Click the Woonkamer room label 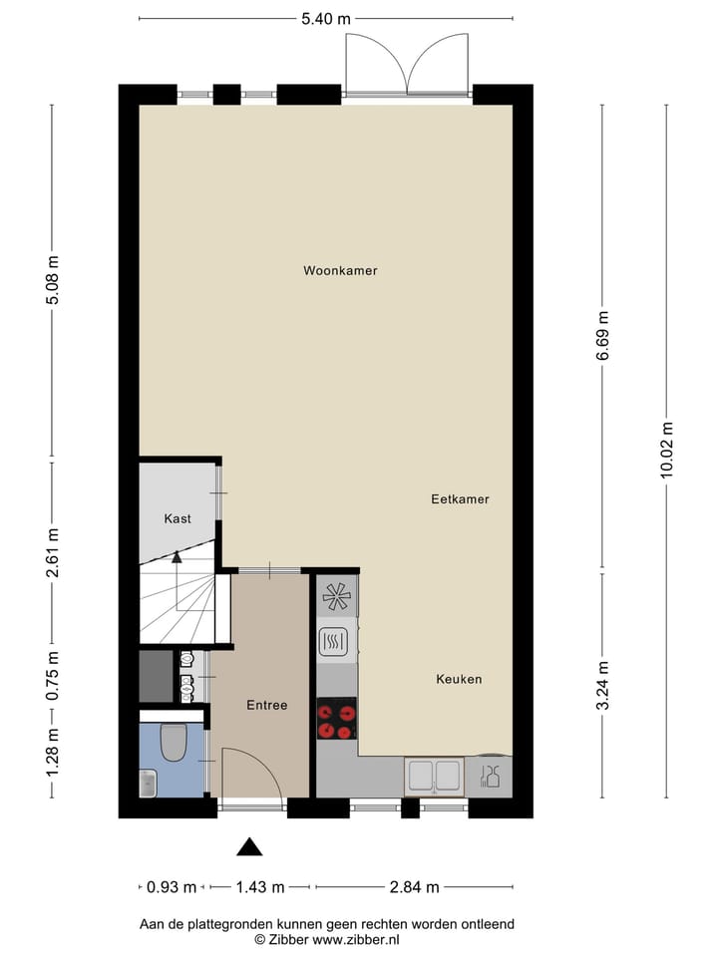coord(340,270)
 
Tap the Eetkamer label coord(460,499)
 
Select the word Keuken coord(459,679)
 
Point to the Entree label coord(266,705)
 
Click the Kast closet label coord(178,518)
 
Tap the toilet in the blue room coord(173,741)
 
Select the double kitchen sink coord(434,776)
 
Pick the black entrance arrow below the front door coord(249,847)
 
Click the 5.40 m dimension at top coord(326,18)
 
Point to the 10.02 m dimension coord(667,450)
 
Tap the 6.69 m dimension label coord(603,338)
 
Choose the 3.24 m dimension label coord(603,685)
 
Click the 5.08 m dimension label coord(53,283)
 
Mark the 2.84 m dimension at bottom coord(414,887)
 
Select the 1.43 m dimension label coord(260,887)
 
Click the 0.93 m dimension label coord(171,887)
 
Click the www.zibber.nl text coord(356,939)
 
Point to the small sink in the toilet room coord(148,784)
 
